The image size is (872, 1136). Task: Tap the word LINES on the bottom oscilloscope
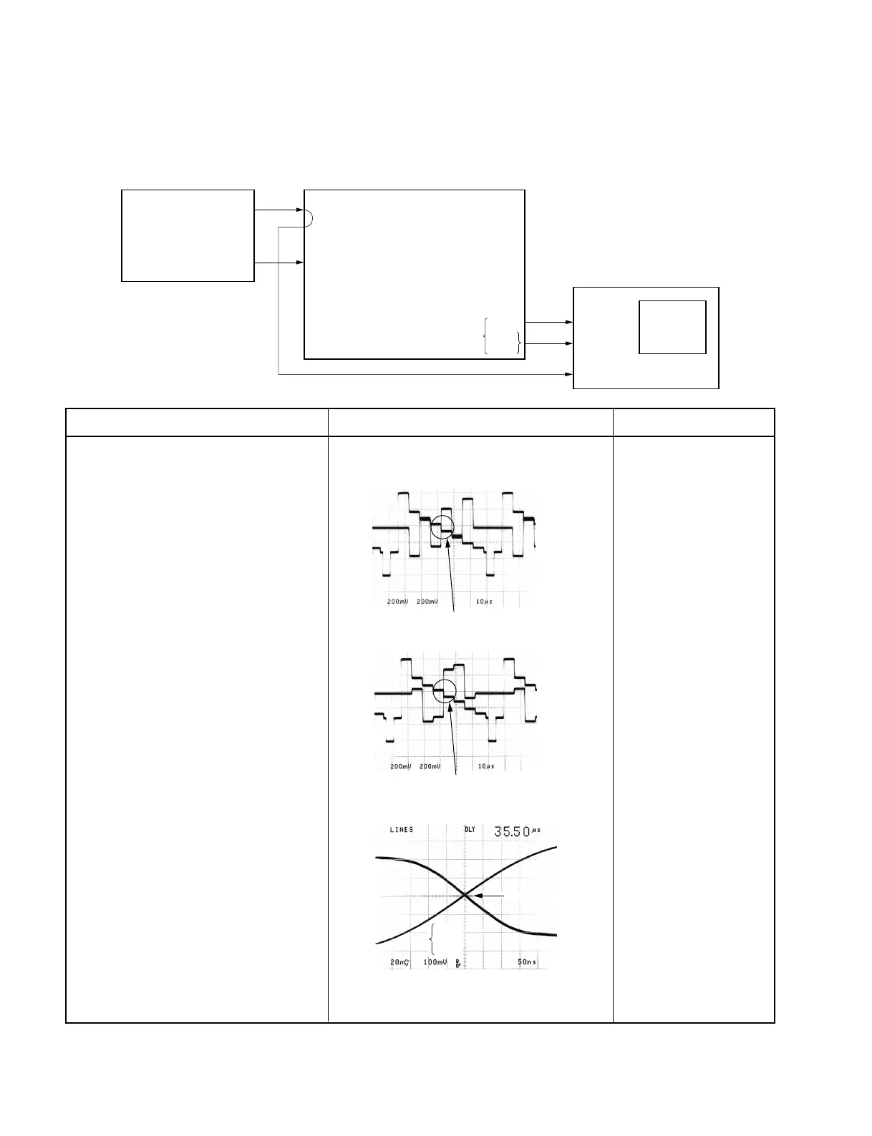point(401,830)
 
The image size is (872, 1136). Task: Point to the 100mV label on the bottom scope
point(435,962)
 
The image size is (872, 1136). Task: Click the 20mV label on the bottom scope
point(400,962)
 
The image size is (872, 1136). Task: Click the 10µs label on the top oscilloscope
point(484,602)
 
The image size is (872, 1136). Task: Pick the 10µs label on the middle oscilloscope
point(485,766)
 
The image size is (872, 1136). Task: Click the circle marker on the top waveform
point(442,528)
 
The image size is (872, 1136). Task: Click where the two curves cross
point(465,895)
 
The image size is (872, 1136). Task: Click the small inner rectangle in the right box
point(672,327)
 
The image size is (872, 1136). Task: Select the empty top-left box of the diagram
point(188,235)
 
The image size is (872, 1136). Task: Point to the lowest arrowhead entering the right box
point(570,374)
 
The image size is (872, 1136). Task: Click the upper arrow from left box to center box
point(279,210)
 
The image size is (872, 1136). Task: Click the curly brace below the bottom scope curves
point(432,938)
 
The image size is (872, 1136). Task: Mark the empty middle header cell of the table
point(470,422)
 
